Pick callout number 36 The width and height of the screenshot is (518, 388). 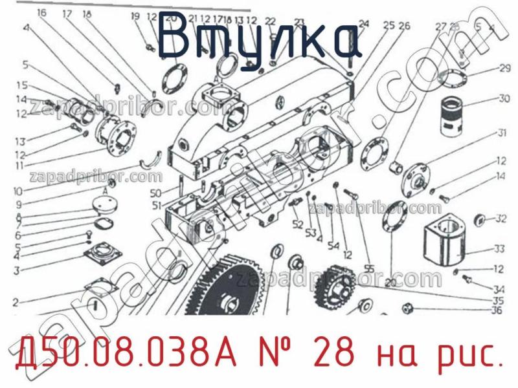(x=497, y=310)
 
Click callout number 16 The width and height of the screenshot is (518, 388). (x=41, y=13)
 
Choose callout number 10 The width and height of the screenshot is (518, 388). (x=17, y=191)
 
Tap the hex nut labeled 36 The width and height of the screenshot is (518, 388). (x=408, y=307)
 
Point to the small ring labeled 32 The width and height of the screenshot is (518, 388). (x=480, y=220)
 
